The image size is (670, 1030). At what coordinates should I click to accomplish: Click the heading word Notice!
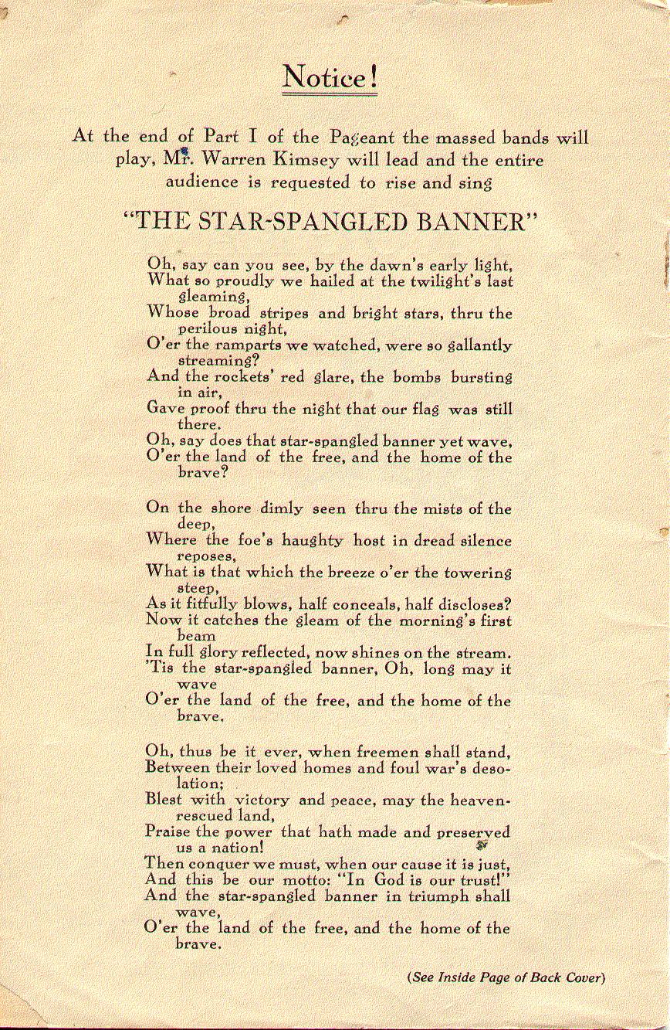[x=330, y=77]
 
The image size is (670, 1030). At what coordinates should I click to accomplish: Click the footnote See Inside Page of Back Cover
[x=506, y=977]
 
